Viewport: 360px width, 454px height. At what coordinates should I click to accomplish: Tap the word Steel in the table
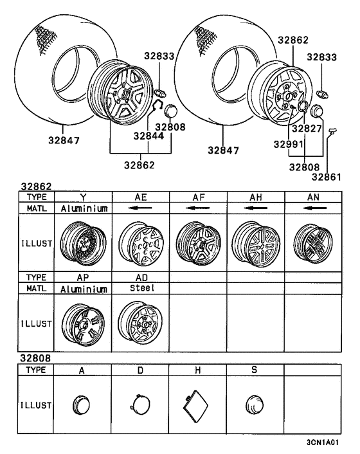141,291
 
